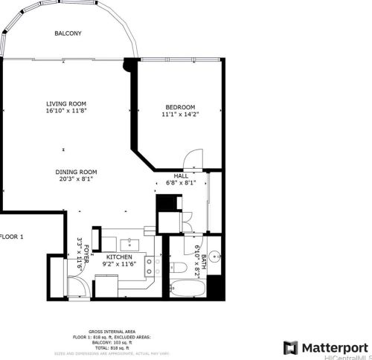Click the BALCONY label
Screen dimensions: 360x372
68,33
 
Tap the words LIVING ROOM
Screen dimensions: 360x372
67,104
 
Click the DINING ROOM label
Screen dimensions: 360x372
76,172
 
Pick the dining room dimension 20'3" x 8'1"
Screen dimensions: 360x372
76,180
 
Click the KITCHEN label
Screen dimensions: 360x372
119,256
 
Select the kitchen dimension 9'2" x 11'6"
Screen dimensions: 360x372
119,264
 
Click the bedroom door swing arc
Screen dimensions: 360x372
193,158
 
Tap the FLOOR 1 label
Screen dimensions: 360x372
12,237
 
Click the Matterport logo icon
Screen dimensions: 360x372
290,347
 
